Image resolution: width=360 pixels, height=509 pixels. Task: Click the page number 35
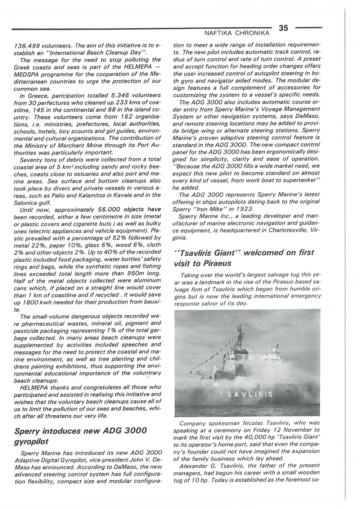coord(283,28)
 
